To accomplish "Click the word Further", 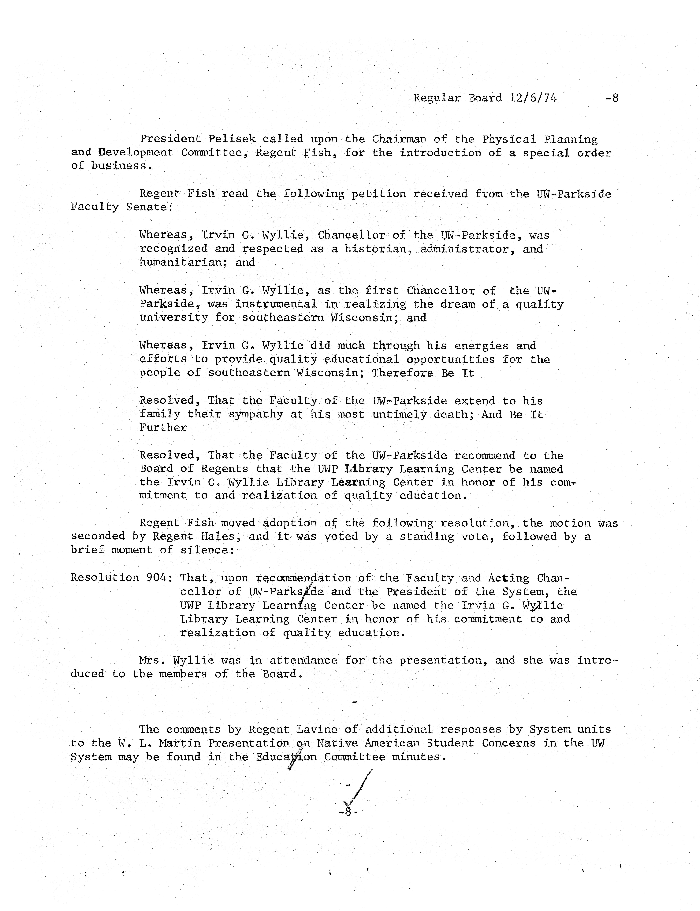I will click(x=163, y=428).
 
